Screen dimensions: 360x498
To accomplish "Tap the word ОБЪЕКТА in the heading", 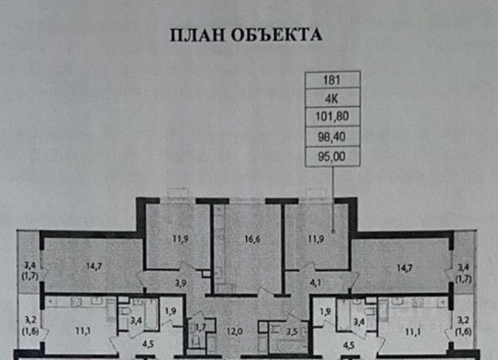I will click(276, 35).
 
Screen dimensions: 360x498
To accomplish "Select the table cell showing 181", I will click(332, 79).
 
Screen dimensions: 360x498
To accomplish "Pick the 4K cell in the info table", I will click(332, 97).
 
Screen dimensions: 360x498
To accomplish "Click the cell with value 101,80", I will click(332, 115).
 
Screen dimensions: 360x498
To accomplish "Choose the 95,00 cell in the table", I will click(332, 157).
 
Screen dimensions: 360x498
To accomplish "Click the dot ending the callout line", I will click(333, 231).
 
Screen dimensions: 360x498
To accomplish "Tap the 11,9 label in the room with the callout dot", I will click(315, 239).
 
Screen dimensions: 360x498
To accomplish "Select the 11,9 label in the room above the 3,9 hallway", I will click(179, 239).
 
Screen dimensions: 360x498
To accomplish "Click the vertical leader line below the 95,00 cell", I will click(333, 196).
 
